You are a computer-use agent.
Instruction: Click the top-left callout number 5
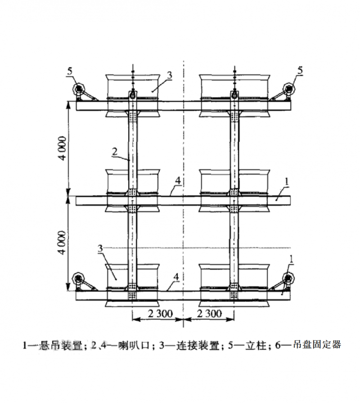pyautogui.click(x=70, y=71)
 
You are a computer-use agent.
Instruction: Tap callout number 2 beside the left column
pyautogui.click(x=115, y=152)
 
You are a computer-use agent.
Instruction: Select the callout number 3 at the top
pyautogui.click(x=169, y=75)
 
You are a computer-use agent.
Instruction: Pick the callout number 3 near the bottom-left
pyautogui.click(x=100, y=249)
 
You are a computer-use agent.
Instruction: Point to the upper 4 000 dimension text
pyautogui.click(x=63, y=148)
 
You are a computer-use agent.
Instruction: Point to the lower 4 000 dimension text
pyautogui.click(x=63, y=242)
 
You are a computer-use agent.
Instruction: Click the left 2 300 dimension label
pyautogui.click(x=160, y=314)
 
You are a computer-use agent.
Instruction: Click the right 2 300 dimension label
pyautogui.click(x=209, y=314)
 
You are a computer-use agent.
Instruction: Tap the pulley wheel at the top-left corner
pyautogui.click(x=78, y=89)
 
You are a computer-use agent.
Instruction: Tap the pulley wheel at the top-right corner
pyautogui.click(x=289, y=89)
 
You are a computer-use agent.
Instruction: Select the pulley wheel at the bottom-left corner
pyautogui.click(x=78, y=278)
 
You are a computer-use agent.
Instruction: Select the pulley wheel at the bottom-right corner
pyautogui.click(x=289, y=278)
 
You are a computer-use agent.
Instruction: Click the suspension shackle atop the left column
pyautogui.click(x=132, y=94)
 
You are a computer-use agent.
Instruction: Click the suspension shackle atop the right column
pyautogui.click(x=234, y=94)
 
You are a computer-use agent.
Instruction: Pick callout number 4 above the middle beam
pyautogui.click(x=178, y=181)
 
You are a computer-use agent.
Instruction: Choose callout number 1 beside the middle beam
pyautogui.click(x=287, y=182)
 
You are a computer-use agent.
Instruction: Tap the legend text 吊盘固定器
pyautogui.click(x=317, y=345)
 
